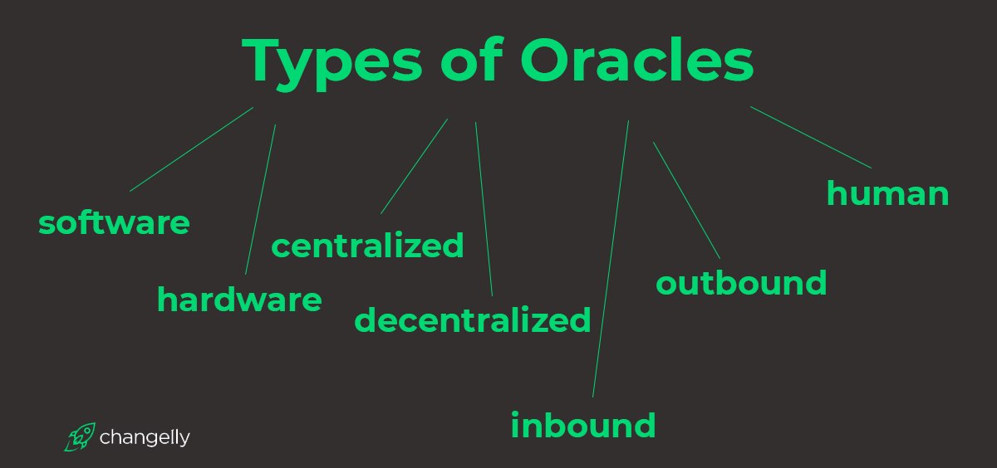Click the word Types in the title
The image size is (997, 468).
[x=332, y=64]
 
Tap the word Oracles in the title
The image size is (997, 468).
[x=637, y=60]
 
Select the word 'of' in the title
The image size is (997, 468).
[x=472, y=60]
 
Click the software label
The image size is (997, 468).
[x=114, y=222]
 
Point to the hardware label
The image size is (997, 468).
[x=239, y=299]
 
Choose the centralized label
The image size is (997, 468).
[x=367, y=245]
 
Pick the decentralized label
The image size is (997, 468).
[x=472, y=319]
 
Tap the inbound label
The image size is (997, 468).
[x=583, y=425]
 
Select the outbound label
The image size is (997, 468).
[x=741, y=282]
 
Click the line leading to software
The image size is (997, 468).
[x=191, y=149]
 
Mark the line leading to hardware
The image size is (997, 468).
[x=260, y=199]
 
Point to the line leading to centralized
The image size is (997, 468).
[x=414, y=166]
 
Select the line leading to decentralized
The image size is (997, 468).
[x=484, y=209]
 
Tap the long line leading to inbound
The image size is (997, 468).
[x=611, y=259]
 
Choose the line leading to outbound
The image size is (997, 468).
[x=686, y=201]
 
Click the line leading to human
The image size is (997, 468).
[x=811, y=138]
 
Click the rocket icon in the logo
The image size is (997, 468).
[x=80, y=437]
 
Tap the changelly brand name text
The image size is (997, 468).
[x=145, y=438]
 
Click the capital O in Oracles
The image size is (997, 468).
[x=545, y=60]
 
